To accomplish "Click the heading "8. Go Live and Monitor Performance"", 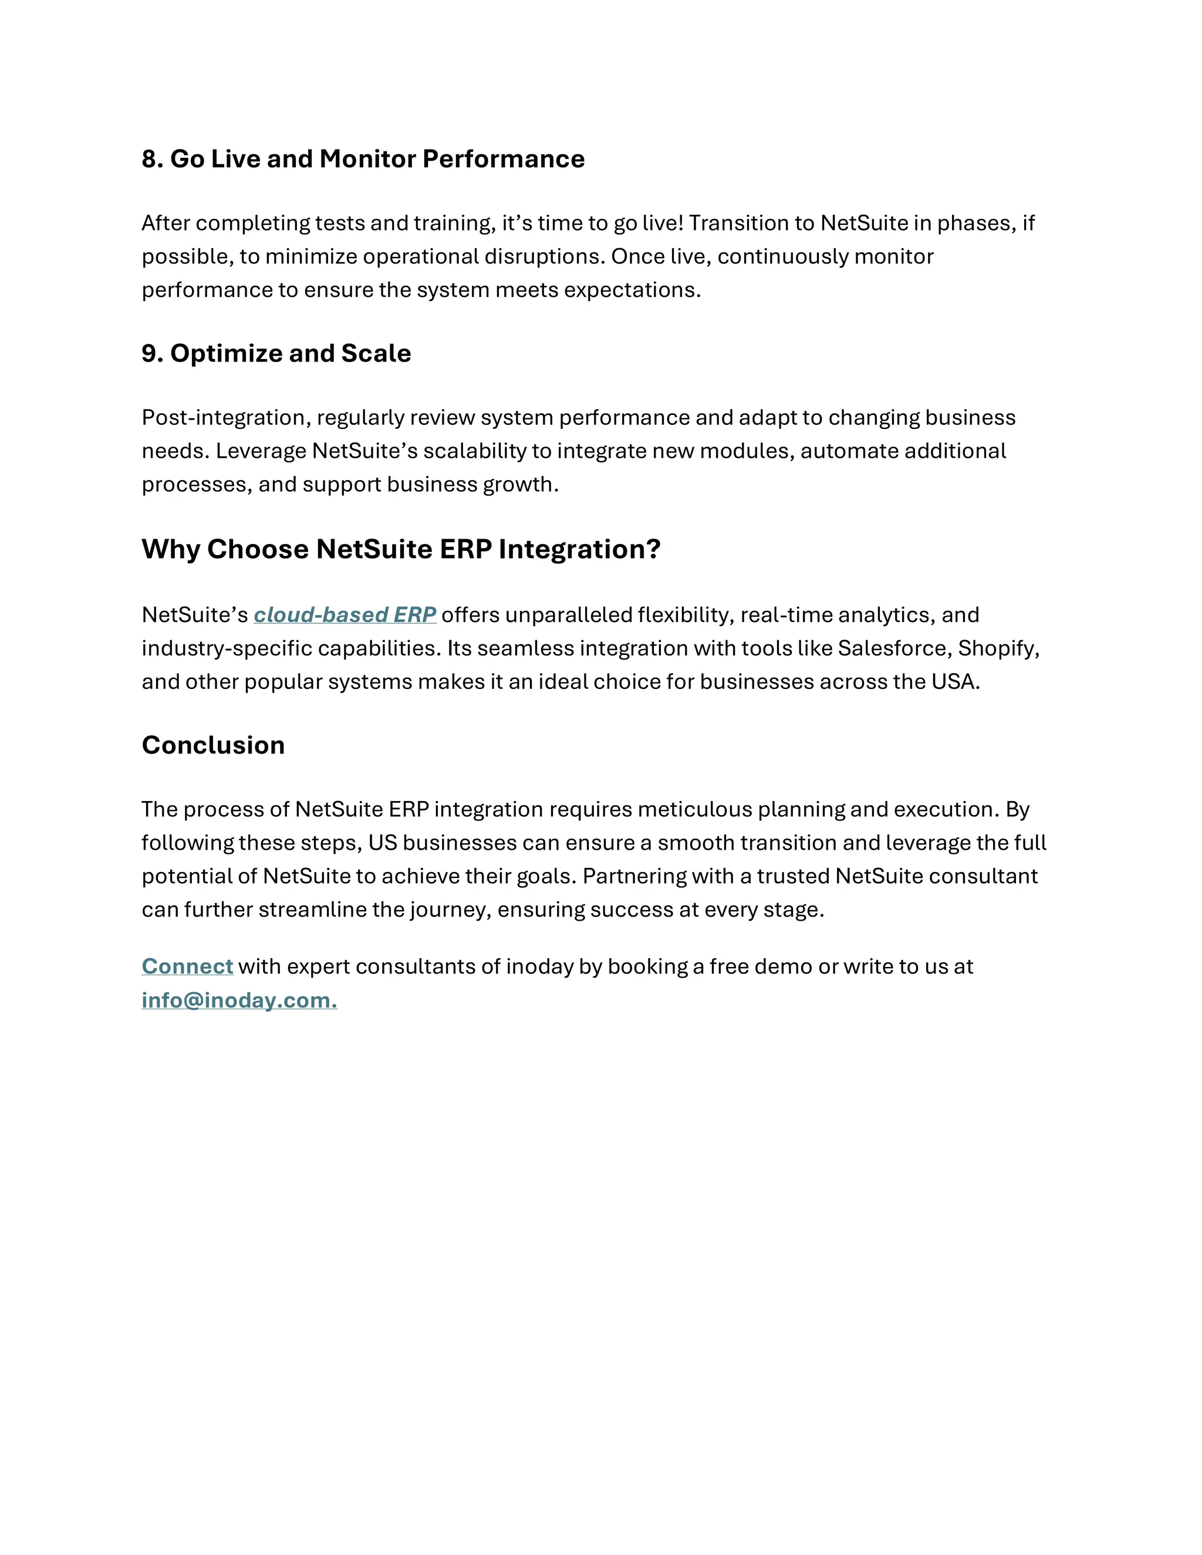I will (x=363, y=159).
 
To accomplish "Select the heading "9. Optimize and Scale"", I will (x=276, y=353).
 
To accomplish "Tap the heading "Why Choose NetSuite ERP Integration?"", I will (x=401, y=549).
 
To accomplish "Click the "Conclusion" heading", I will (x=213, y=745).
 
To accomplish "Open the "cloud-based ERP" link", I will (x=345, y=614).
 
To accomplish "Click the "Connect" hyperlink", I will (x=187, y=966).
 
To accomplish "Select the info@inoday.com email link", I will (x=238, y=1000).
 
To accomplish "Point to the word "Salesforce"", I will (x=894, y=648).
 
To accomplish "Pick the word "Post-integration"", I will (x=226, y=417).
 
